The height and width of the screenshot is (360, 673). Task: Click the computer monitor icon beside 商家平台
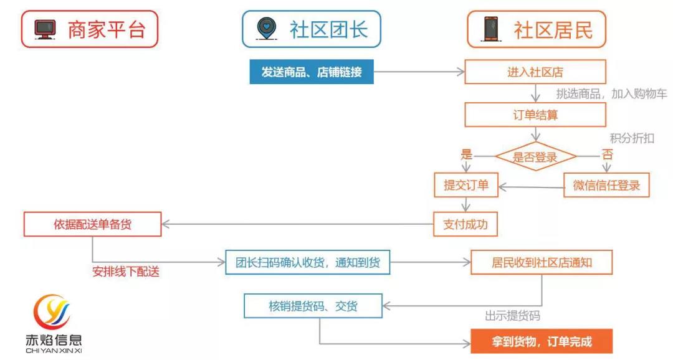[x=45, y=29]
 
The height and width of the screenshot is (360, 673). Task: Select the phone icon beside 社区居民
[x=492, y=29]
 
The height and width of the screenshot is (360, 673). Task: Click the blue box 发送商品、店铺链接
[x=311, y=72]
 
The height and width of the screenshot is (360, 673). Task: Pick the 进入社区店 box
[x=535, y=72]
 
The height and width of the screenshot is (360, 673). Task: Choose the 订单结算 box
[x=535, y=115]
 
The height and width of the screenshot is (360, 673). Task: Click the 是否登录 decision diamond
[x=535, y=157]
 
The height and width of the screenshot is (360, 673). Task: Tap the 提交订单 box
[x=466, y=185]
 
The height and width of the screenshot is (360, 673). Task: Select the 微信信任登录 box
[x=606, y=185]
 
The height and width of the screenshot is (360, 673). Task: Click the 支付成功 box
[x=465, y=224]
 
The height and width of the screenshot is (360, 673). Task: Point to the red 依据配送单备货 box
[x=92, y=224]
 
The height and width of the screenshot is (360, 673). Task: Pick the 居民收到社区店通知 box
[x=541, y=263]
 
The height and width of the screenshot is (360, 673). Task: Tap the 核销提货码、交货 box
[x=313, y=306]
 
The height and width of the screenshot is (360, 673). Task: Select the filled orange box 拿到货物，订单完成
[x=542, y=341]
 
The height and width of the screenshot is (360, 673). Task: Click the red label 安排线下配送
[x=126, y=272]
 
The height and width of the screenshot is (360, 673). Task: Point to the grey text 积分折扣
[x=632, y=138]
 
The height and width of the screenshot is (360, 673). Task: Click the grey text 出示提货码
[x=512, y=316]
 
